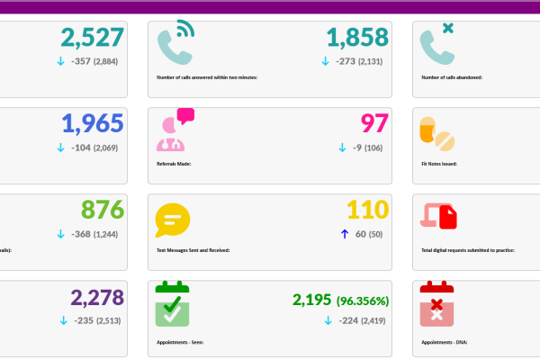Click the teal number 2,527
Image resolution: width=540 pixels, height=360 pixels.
92,38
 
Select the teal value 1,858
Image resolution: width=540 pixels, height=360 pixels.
357,38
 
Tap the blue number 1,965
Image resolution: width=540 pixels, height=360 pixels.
92,124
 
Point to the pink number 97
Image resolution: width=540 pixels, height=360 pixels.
373,124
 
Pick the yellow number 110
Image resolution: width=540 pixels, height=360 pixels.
367,210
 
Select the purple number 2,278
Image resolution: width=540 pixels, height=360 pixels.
96,297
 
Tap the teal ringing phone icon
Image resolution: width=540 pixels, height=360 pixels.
175,41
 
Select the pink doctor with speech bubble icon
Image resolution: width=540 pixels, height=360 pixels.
175,129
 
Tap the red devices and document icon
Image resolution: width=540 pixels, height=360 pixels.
439,217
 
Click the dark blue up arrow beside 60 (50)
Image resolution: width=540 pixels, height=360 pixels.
342,234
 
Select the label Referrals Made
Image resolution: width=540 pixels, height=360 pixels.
174,164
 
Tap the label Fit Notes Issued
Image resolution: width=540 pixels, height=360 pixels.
440,164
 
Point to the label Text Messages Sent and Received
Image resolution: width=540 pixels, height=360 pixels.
193,249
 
